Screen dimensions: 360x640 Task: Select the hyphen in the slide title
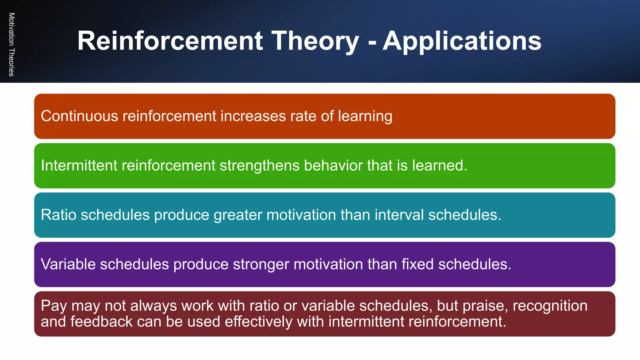coord(372,42)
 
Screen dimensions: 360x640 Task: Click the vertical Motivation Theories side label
coord(12,44)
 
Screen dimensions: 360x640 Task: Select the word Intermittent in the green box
coord(79,165)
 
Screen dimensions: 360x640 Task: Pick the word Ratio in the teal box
coord(58,215)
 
